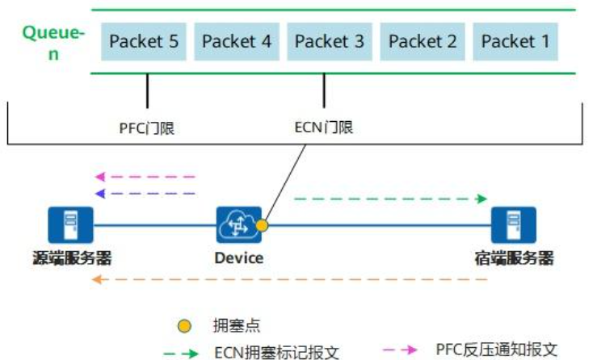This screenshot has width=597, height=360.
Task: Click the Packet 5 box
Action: pos(144,41)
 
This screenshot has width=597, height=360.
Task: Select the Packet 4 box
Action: pos(237,41)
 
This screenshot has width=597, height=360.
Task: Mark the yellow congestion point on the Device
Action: pos(262,227)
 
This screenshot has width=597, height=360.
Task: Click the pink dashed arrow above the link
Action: pos(145,176)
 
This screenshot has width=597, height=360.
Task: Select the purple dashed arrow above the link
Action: pos(145,193)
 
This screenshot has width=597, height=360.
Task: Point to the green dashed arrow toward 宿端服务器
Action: pos(391,199)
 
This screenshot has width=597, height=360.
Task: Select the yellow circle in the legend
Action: pos(185,326)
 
